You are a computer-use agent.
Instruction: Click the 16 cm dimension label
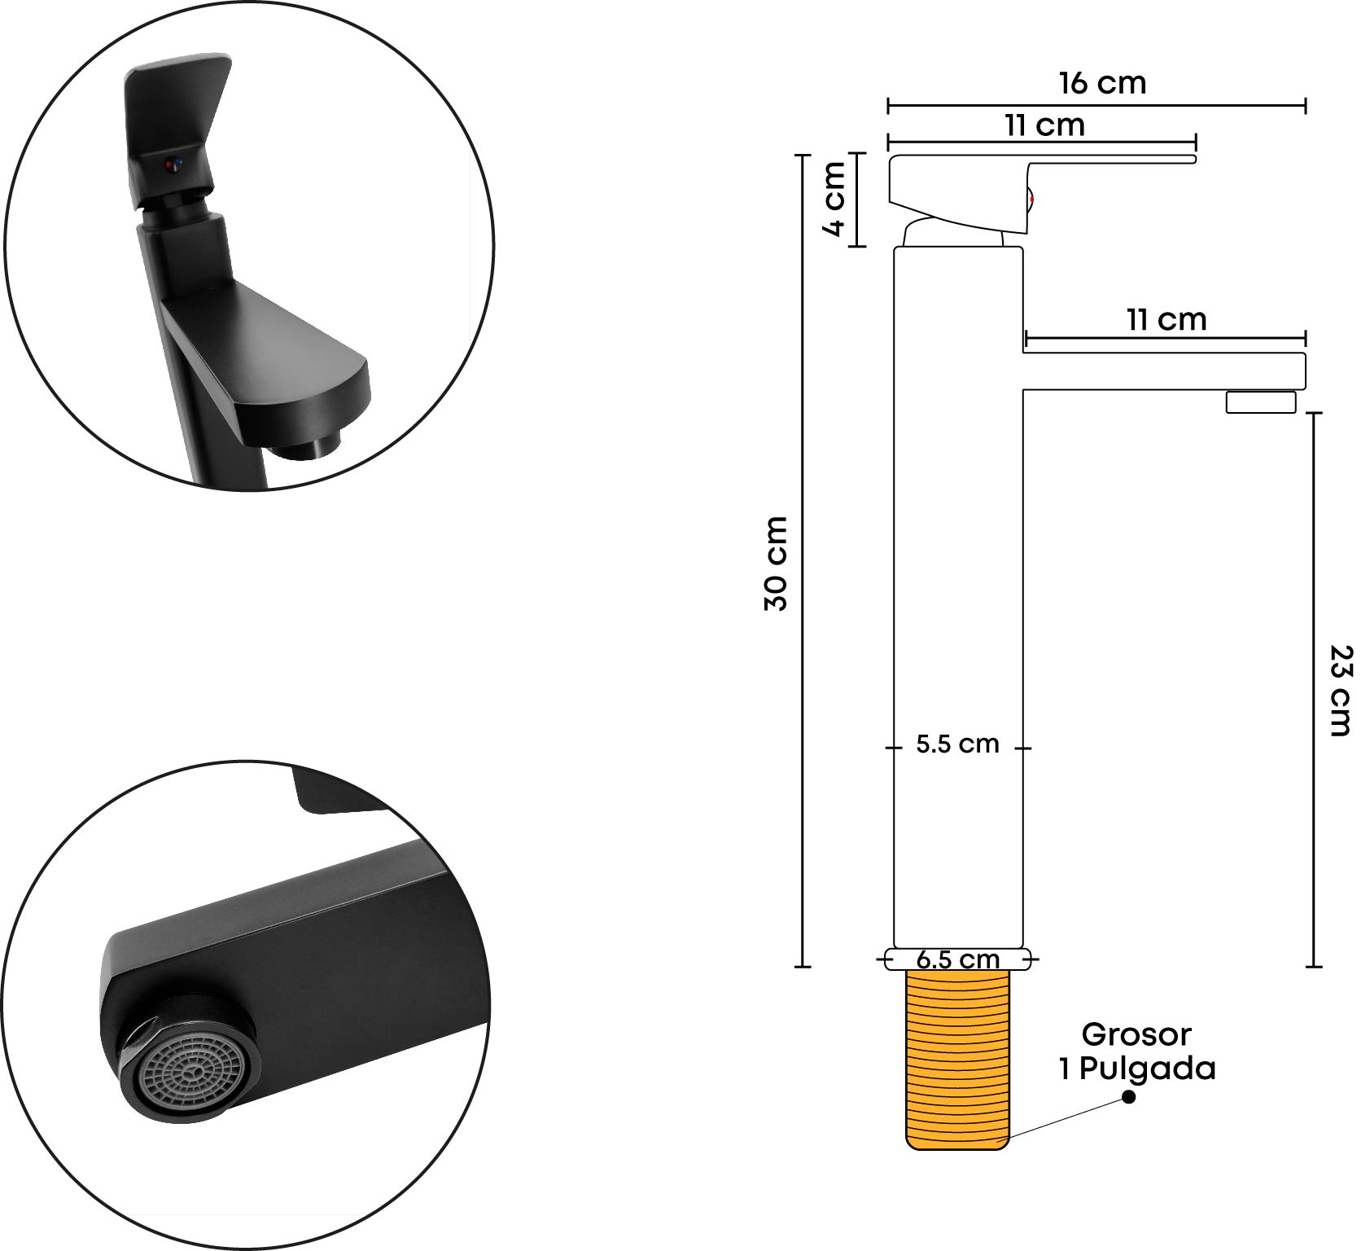pyautogui.click(x=1102, y=83)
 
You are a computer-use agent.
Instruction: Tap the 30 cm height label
pyautogui.click(x=777, y=563)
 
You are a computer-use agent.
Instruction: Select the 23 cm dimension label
pyautogui.click(x=1341, y=691)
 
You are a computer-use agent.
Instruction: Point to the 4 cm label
pyautogui.click(x=834, y=199)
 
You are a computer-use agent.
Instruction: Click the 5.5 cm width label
pyautogui.click(x=957, y=744)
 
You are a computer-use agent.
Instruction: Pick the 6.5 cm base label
pyautogui.click(x=957, y=959)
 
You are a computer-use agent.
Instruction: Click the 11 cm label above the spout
pyautogui.click(x=1166, y=320)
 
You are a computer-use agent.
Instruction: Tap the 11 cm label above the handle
pyautogui.click(x=1044, y=126)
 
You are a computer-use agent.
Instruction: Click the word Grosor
pyautogui.click(x=1136, y=1034)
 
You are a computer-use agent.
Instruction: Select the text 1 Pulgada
pyautogui.click(x=1136, y=1069)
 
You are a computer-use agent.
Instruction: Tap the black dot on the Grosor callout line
pyautogui.click(x=1128, y=1097)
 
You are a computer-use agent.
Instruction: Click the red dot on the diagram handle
pyautogui.click(x=1031, y=199)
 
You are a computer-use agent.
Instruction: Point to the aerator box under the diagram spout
pyautogui.click(x=1261, y=402)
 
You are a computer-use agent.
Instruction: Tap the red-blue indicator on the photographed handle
pyautogui.click(x=171, y=165)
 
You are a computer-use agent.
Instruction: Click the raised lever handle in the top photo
pyautogui.click(x=175, y=126)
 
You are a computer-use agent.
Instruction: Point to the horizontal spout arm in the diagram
pyautogui.click(x=1164, y=371)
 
